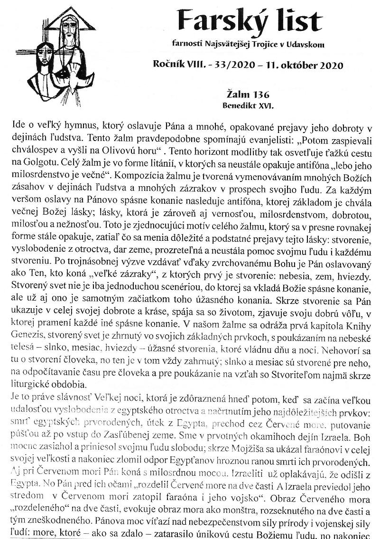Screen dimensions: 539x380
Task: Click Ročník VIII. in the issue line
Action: [179, 65]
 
